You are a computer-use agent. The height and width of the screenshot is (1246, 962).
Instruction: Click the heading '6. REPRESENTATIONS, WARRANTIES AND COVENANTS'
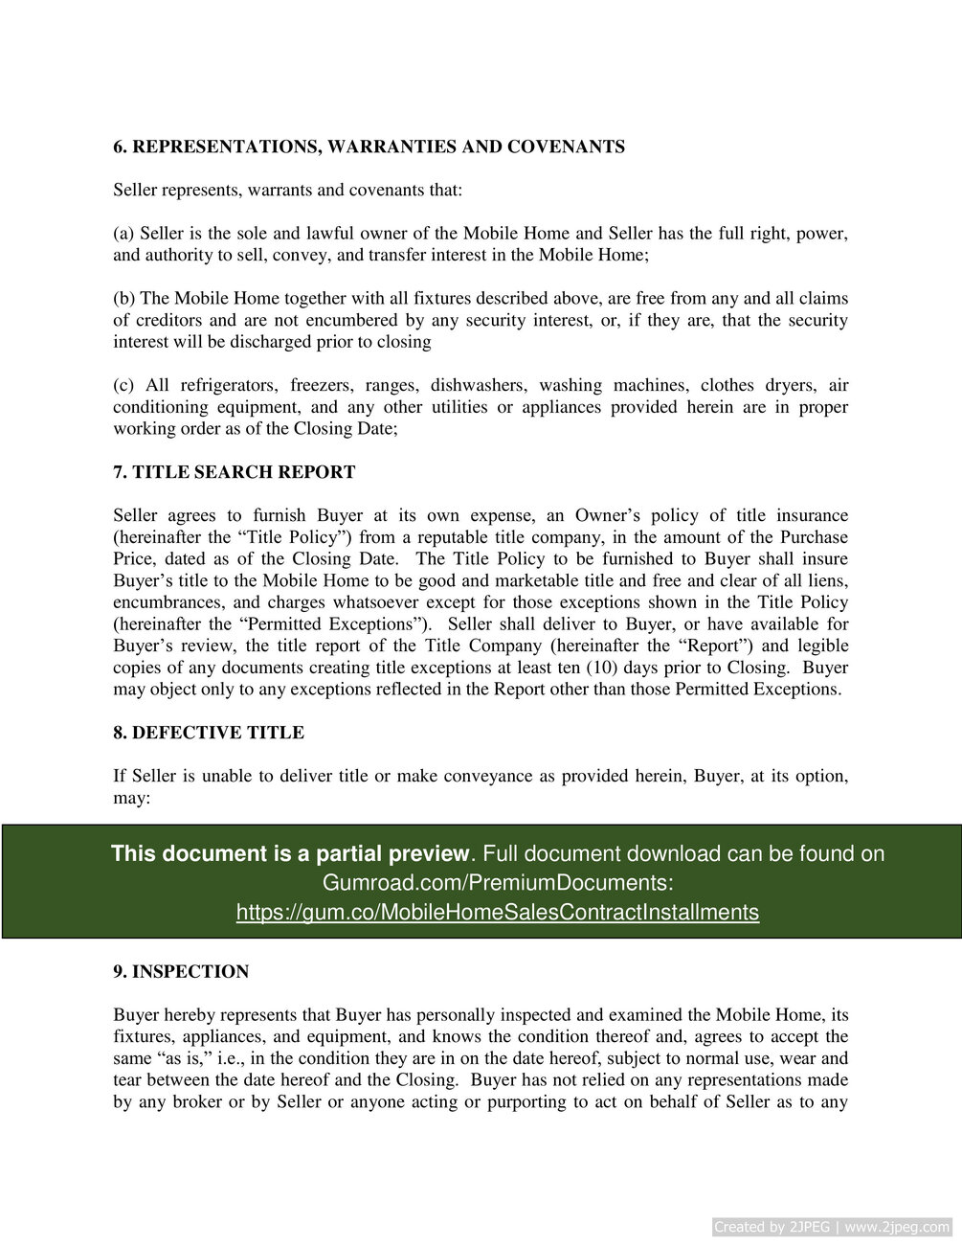(369, 147)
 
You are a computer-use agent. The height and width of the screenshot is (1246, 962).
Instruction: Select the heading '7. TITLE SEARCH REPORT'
(234, 472)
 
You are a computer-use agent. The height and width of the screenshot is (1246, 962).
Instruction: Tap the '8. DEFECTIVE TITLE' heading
(208, 733)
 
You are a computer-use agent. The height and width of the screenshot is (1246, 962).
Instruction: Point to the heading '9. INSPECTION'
(180, 972)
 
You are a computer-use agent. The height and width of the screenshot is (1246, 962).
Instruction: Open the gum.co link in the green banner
(498, 912)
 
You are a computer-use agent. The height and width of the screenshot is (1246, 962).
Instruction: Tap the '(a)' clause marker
(123, 234)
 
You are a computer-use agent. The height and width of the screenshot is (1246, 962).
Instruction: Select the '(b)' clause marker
(124, 299)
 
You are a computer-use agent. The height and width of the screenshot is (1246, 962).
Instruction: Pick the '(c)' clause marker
(123, 386)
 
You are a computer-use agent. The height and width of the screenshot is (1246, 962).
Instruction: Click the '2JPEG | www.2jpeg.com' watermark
(831, 1227)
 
